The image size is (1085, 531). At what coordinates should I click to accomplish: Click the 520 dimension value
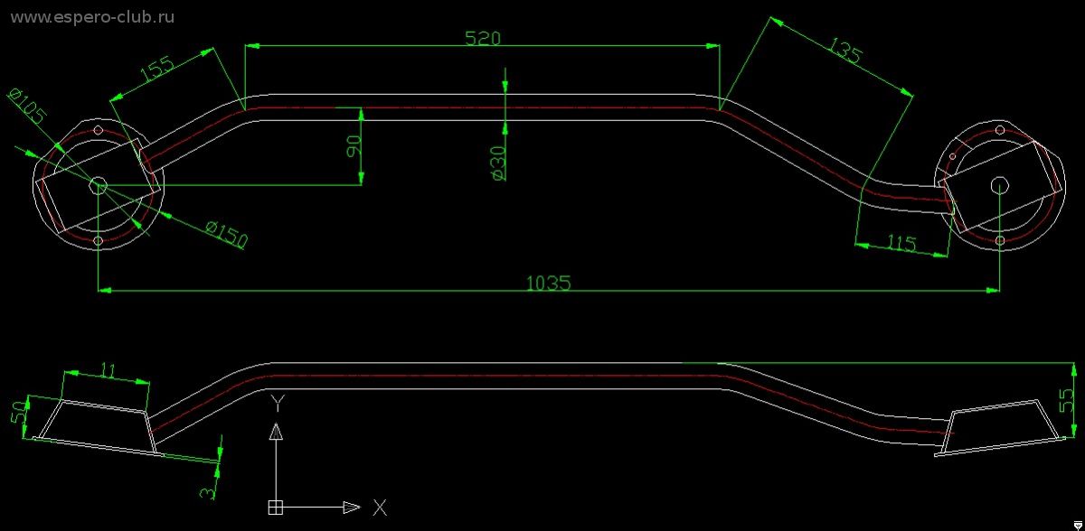click(x=483, y=38)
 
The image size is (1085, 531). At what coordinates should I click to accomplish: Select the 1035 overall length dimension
click(x=548, y=283)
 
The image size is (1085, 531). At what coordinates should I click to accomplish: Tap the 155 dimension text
click(x=157, y=69)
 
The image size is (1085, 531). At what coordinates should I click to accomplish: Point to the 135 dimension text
click(x=845, y=51)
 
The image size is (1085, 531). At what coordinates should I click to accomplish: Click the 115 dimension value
click(x=901, y=242)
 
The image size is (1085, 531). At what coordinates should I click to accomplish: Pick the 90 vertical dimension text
click(x=354, y=146)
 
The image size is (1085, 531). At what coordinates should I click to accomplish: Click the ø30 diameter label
click(x=498, y=163)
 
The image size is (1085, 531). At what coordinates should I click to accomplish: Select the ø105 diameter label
click(x=28, y=106)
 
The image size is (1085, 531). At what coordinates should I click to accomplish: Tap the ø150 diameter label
click(x=227, y=234)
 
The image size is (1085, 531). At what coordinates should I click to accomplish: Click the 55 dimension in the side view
click(x=1066, y=400)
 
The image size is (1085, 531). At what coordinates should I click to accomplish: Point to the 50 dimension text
click(x=19, y=412)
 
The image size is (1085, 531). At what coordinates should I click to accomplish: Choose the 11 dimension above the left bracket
click(x=108, y=370)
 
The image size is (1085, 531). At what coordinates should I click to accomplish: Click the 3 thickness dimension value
click(x=207, y=492)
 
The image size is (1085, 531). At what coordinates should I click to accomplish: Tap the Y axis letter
click(x=278, y=403)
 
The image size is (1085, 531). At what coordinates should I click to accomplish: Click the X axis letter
click(x=381, y=508)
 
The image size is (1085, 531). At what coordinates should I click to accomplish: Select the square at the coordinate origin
click(x=275, y=508)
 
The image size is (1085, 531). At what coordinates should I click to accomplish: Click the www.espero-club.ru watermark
click(x=92, y=17)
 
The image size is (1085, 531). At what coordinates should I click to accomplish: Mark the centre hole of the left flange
click(x=99, y=185)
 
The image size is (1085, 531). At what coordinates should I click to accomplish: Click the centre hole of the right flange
click(x=999, y=185)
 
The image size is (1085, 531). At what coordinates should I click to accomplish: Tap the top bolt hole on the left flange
click(x=99, y=130)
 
